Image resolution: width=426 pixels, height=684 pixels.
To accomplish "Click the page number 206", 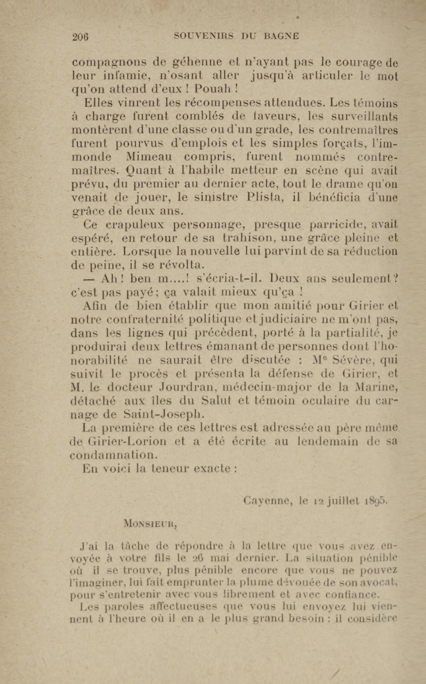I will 80,37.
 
